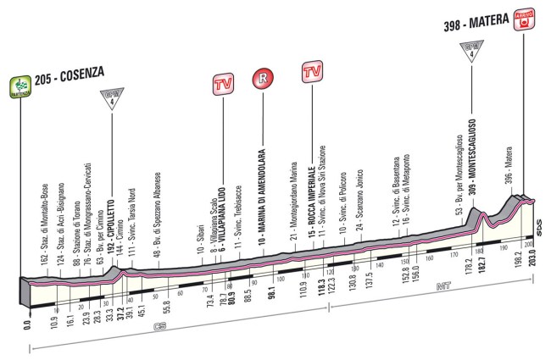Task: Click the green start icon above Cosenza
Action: (x=19, y=86)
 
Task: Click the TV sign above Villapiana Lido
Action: (x=223, y=85)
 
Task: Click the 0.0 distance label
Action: (x=28, y=323)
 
